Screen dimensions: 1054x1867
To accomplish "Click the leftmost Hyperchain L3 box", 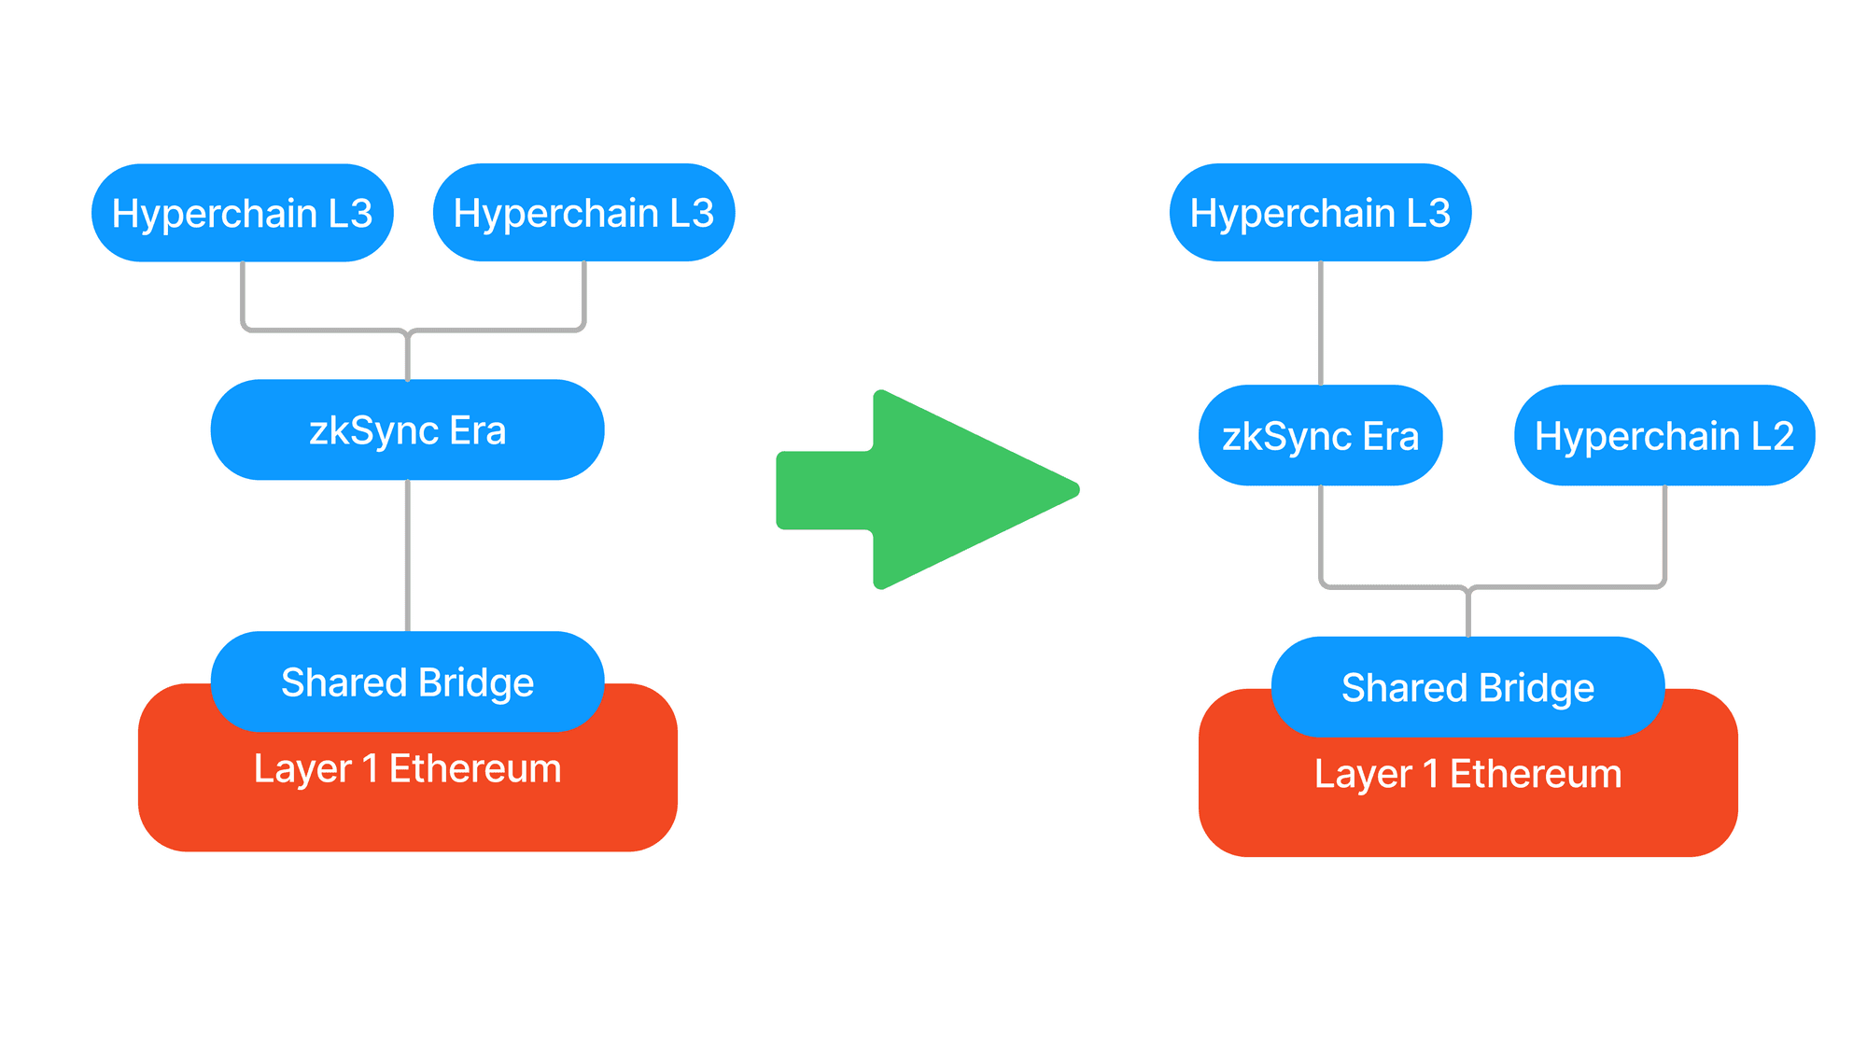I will click(x=242, y=213).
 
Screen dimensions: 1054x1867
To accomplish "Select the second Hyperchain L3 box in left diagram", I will click(x=583, y=213).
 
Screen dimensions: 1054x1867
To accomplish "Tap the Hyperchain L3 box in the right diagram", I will click(x=1320, y=213).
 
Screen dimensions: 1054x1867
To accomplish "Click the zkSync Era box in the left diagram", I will click(x=407, y=430).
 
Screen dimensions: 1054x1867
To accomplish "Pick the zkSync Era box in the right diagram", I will click(x=1320, y=436).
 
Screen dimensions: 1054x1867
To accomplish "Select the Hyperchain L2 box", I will click(x=1664, y=436).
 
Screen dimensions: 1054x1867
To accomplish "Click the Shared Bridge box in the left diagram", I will click(x=407, y=682).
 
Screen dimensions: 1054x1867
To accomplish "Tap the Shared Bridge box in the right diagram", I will click(x=1467, y=688).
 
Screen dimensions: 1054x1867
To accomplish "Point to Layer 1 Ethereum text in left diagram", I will click(x=407, y=769).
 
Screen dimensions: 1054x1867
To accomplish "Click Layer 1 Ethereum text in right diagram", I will click(x=1467, y=774).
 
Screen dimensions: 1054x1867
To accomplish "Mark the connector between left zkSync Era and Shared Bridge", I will click(x=408, y=555).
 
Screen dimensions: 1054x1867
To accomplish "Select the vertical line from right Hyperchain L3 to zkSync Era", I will click(x=1321, y=322).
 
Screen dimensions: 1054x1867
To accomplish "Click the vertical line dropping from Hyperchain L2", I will click(x=1664, y=532).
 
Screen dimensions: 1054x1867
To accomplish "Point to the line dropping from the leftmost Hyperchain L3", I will click(x=243, y=294).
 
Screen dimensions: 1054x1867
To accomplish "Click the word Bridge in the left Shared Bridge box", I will click(x=476, y=682).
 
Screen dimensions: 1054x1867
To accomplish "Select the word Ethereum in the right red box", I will click(x=1536, y=774).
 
